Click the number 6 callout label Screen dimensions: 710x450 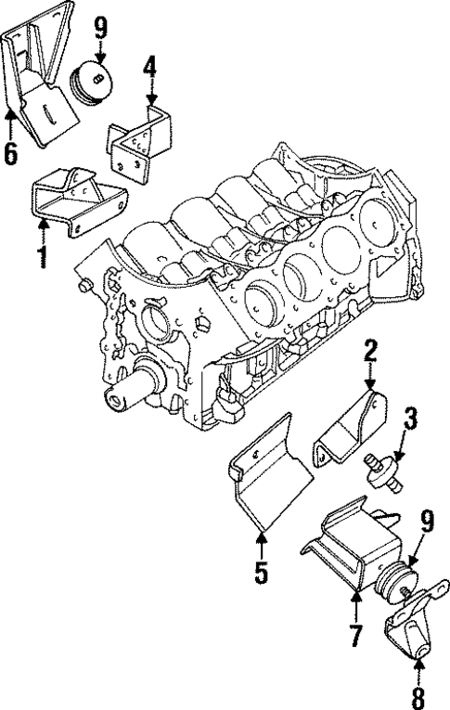pyautogui.click(x=10, y=153)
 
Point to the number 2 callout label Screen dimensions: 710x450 pyautogui.click(x=370, y=351)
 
